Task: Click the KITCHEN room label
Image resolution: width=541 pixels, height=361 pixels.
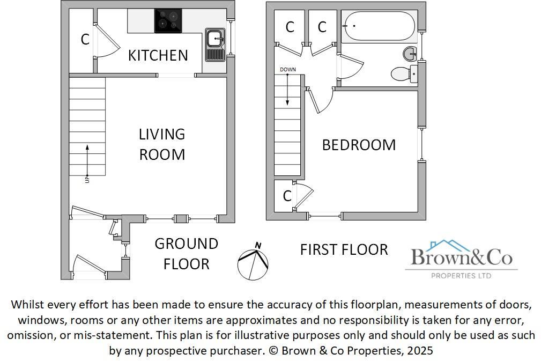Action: click(158, 55)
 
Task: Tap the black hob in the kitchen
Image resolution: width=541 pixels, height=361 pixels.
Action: click(168, 20)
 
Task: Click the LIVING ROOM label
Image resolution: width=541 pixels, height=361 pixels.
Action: click(162, 144)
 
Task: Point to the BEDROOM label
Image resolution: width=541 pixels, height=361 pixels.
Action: click(359, 145)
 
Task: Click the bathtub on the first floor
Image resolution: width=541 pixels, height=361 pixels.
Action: click(378, 26)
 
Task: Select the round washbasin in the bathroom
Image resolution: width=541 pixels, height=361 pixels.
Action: click(410, 53)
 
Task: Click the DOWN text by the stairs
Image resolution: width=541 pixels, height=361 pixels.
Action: click(287, 70)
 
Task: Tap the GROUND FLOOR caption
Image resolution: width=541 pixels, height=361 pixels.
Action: click(186, 254)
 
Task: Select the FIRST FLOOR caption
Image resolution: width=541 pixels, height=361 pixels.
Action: click(344, 249)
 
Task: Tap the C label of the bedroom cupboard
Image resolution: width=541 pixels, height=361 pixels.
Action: click(287, 196)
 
